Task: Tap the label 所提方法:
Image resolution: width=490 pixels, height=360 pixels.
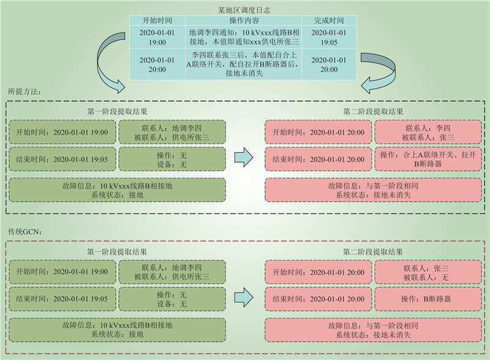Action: point(24,91)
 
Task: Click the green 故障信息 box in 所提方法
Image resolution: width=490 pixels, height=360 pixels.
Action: point(117,190)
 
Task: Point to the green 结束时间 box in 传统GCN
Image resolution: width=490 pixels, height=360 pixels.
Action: point(61,299)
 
